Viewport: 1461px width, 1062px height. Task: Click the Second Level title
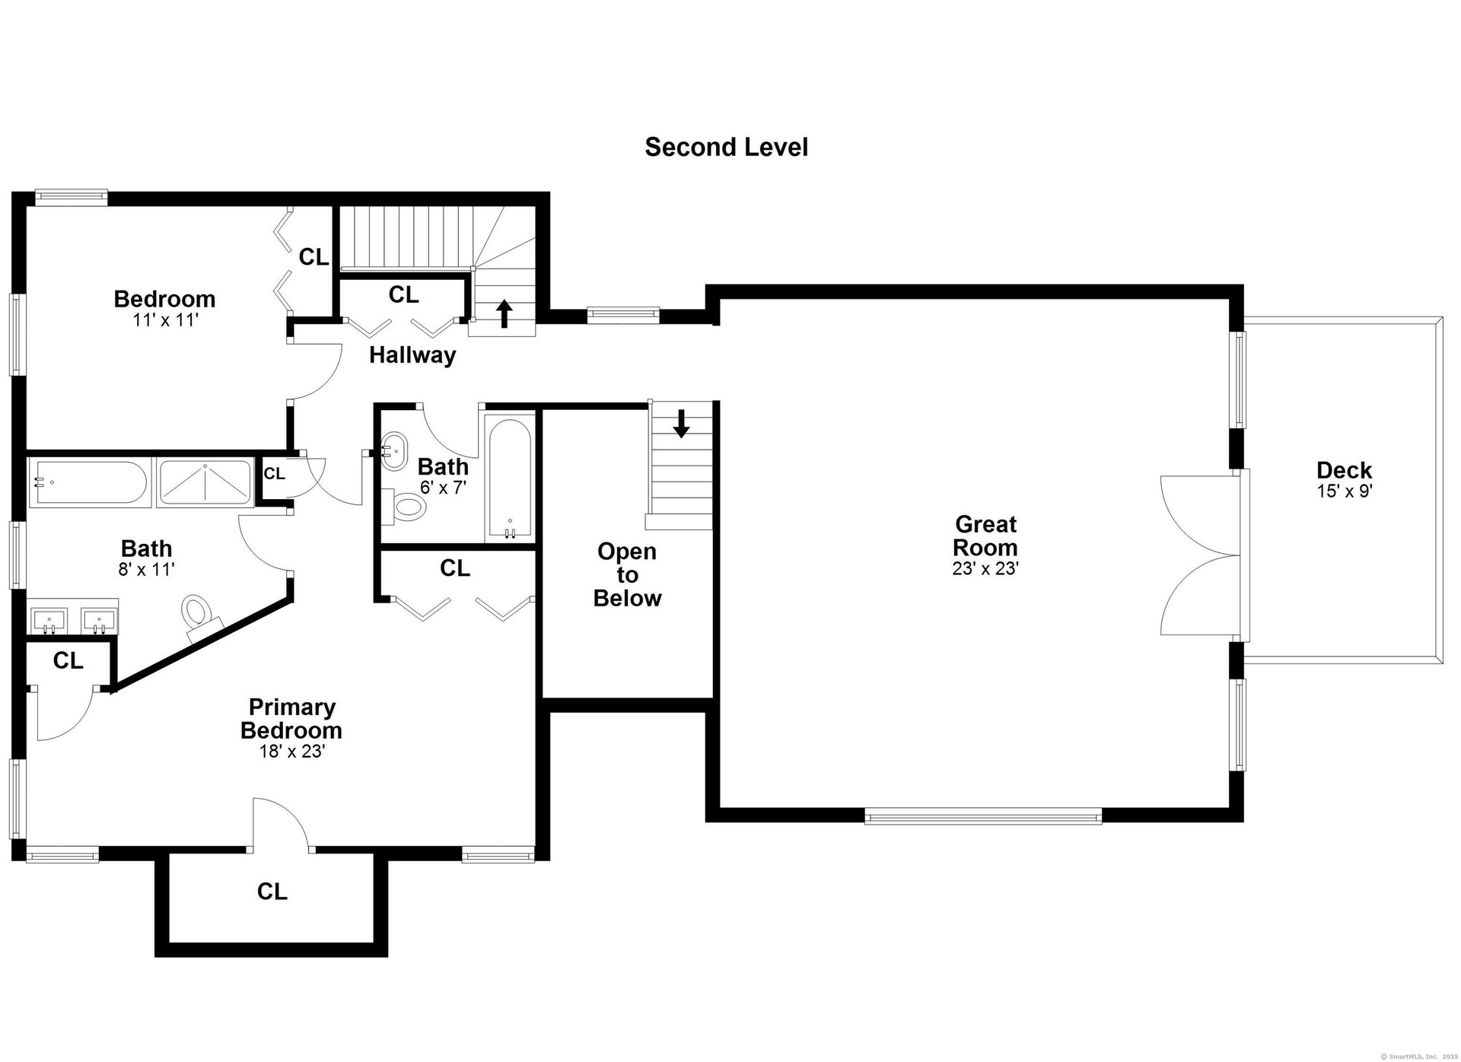click(x=726, y=147)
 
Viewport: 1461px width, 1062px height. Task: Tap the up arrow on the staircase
click(x=504, y=313)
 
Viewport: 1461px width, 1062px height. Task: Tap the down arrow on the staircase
click(x=681, y=424)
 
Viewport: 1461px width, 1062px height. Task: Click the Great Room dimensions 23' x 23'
click(x=985, y=568)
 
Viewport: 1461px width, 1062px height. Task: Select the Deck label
click(x=1344, y=470)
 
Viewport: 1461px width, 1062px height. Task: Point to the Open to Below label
click(x=627, y=574)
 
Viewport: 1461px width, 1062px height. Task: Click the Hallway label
click(x=412, y=355)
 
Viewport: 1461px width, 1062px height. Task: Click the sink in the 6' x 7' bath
click(x=394, y=450)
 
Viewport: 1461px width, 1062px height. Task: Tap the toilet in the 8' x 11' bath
click(x=199, y=613)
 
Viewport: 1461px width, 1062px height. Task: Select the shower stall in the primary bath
click(x=205, y=482)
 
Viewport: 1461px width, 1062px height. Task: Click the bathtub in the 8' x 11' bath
click(x=89, y=482)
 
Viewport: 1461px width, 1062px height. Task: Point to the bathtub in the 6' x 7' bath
click(x=510, y=477)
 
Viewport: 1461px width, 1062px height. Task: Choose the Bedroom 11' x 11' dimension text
click(x=165, y=320)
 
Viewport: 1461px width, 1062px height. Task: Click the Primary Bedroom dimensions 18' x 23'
click(x=291, y=752)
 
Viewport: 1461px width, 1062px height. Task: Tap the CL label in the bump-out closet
click(x=272, y=892)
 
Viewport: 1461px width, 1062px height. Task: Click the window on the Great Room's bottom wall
click(x=983, y=816)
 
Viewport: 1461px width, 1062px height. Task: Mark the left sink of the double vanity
click(x=49, y=620)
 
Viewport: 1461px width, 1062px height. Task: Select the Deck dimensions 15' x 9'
click(x=1344, y=491)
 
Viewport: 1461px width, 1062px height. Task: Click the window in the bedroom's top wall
click(x=71, y=197)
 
